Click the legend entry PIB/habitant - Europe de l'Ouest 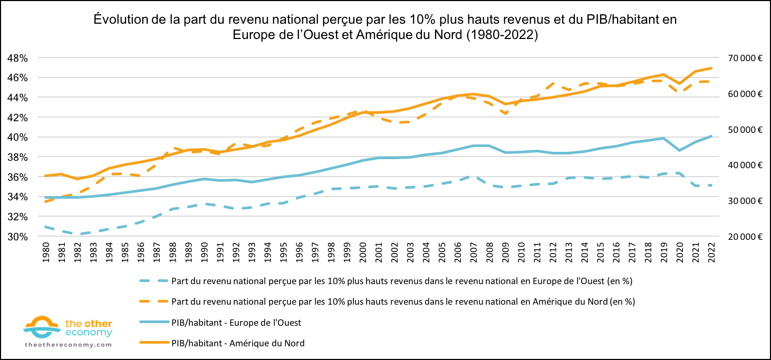[236, 323]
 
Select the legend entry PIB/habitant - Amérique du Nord [238, 343]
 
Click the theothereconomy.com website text [69, 344]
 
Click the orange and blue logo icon [42, 327]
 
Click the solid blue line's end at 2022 [712, 136]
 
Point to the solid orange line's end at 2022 [712, 68]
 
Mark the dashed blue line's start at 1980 [46, 227]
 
